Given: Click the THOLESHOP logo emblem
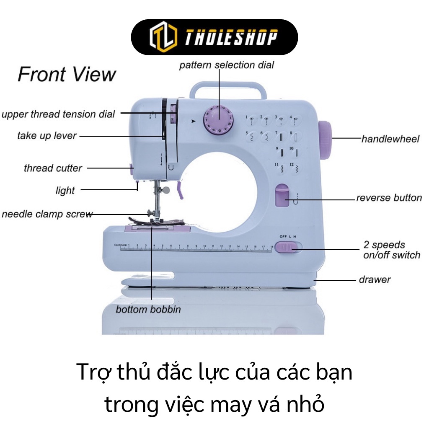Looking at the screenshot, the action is [161, 37].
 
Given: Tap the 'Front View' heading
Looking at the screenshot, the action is [67, 75].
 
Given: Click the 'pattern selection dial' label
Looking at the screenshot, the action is [226, 65].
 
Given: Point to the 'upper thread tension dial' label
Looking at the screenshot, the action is [58, 114].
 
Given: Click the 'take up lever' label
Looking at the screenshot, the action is [47, 136].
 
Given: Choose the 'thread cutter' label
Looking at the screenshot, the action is [53, 168].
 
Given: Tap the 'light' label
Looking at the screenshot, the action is [65, 191].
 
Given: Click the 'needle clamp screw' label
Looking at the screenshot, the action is [47, 214].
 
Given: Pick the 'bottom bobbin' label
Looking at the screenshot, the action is [148, 310].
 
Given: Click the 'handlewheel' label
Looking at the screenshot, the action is [390, 139].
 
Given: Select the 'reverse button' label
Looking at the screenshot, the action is [389, 198].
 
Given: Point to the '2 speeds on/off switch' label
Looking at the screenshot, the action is [391, 250].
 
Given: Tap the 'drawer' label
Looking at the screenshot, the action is [375, 279].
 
